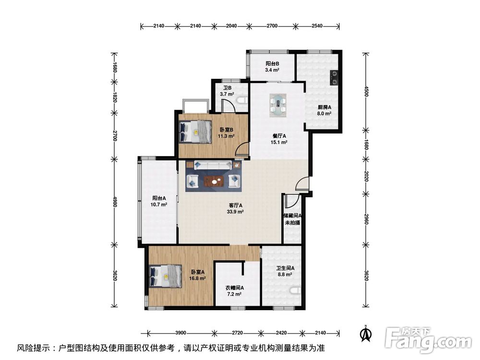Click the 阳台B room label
coord(272,64)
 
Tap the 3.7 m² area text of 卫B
coord(227,94)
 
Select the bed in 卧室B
coord(195,132)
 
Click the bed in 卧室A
coord(166,276)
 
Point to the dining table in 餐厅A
coord(278,105)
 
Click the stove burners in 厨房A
coord(334,77)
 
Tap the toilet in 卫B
coord(242,100)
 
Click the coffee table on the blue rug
coord(214,181)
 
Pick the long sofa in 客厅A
coord(213,165)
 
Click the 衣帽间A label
coord(235,288)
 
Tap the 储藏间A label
coord(293,216)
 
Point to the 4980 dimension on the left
coord(115,202)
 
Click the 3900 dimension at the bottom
coord(180,333)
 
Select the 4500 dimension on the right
coord(366,91)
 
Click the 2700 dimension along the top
coord(272,26)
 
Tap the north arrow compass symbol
coord(365,334)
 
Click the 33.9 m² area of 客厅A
coord(235,212)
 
